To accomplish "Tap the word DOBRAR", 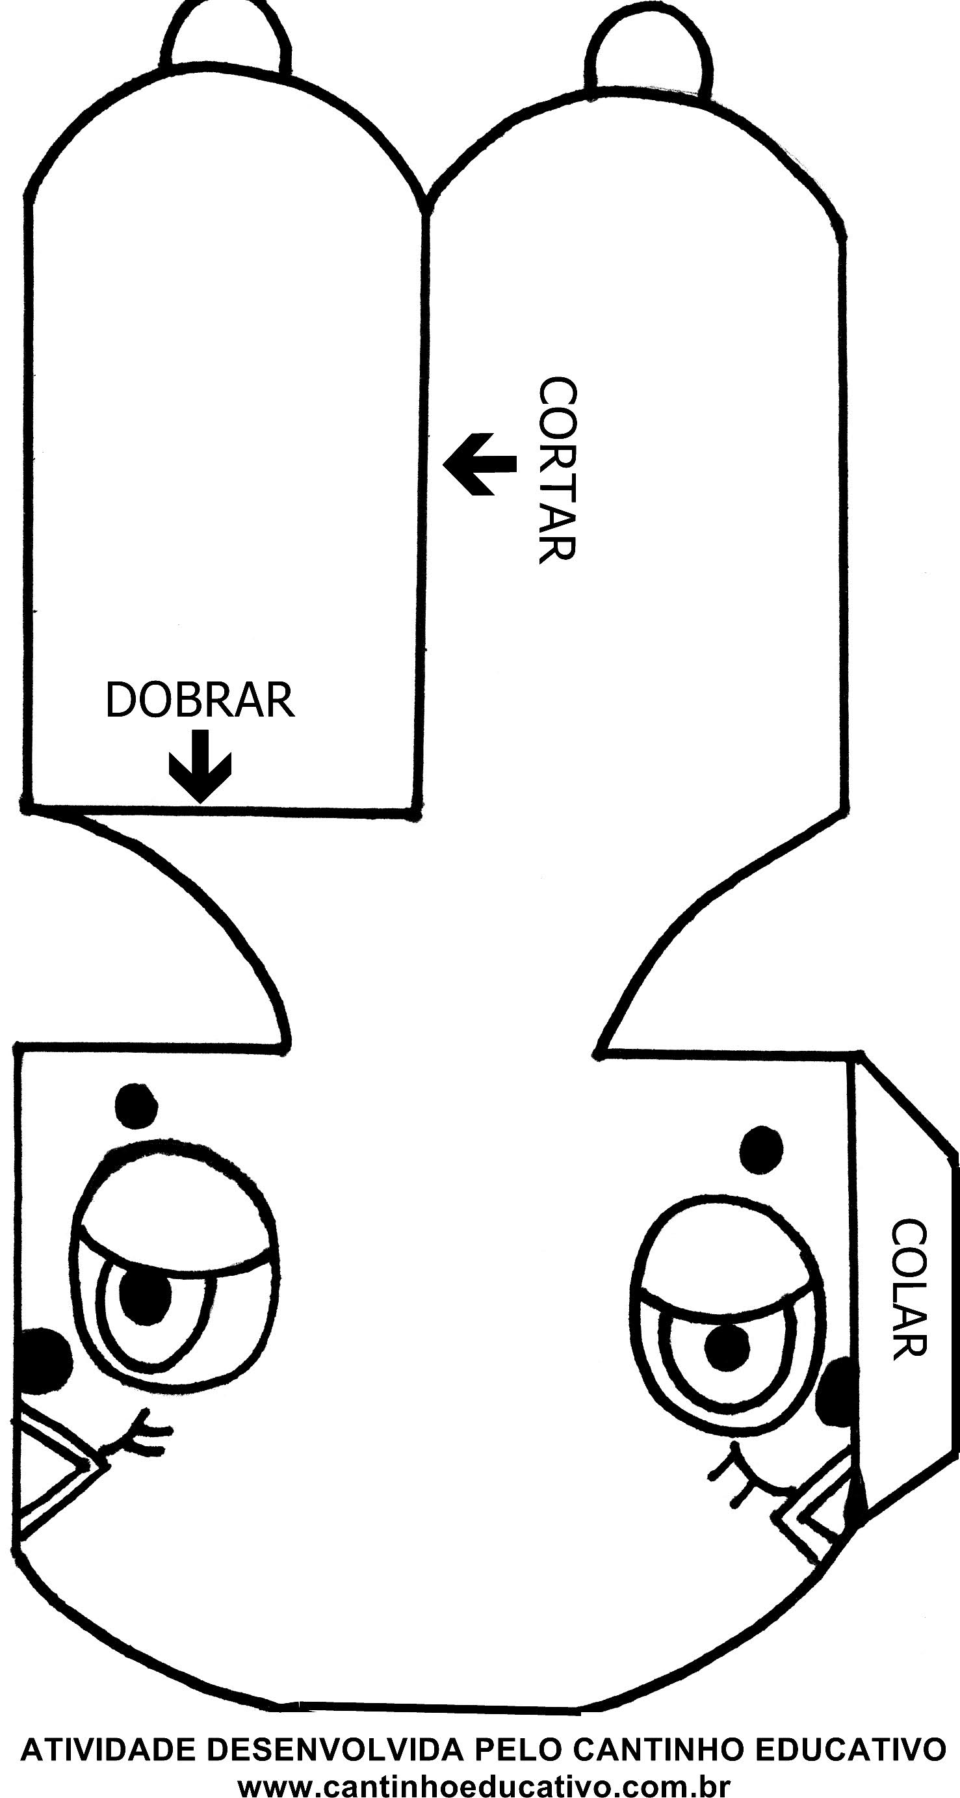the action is point(200,700).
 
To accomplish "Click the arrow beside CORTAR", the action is point(479,464).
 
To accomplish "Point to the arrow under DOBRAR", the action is point(200,765).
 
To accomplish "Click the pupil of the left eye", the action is point(145,1293).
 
